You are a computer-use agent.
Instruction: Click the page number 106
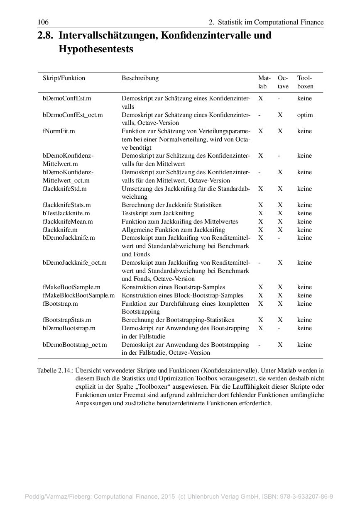pos(43,22)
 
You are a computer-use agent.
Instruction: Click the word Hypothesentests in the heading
pos(96,49)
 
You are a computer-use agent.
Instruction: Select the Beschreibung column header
pos(140,78)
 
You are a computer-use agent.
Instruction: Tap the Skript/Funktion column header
pos(64,78)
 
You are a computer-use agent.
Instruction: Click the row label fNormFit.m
pos(59,131)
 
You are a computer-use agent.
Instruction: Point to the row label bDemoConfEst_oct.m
pos(73,115)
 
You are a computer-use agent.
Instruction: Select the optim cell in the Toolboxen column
pos(305,115)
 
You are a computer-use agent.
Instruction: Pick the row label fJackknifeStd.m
pos(64,189)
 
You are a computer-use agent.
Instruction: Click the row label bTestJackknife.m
pos(66,213)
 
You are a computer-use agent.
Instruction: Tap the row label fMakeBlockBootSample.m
pos(78,295)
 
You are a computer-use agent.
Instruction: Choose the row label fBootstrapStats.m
pos(67,320)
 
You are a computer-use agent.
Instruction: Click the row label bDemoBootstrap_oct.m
pos(75,345)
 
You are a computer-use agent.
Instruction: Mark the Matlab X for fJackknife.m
pos(261,230)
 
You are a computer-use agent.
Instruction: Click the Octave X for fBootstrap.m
pos(280,304)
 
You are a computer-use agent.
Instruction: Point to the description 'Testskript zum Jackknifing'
pos(157,213)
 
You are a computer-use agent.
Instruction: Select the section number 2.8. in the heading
pos(45,36)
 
